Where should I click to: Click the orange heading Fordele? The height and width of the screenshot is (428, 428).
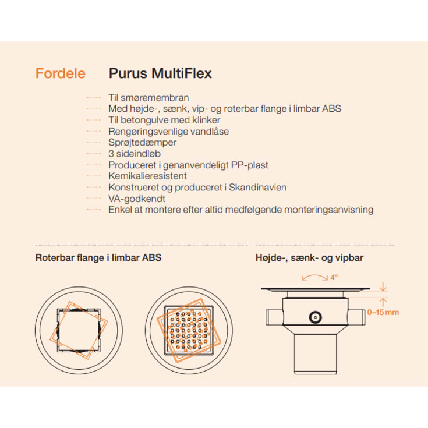point(60,73)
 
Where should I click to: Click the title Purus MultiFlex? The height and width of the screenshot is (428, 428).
point(160,73)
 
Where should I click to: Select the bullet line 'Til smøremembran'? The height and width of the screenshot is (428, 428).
point(148,98)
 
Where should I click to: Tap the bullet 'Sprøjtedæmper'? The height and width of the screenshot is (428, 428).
point(142,143)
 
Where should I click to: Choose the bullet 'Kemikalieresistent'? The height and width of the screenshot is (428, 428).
point(147,176)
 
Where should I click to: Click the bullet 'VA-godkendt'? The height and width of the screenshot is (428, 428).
point(137,199)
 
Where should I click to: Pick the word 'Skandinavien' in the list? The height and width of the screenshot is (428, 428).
point(259,188)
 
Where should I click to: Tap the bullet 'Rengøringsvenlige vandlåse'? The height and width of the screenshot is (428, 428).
point(168,132)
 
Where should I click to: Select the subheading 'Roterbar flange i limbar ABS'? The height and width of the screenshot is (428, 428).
point(98,257)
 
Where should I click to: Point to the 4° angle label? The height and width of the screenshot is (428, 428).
point(334,277)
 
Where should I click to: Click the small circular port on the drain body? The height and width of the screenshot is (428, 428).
point(316,318)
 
